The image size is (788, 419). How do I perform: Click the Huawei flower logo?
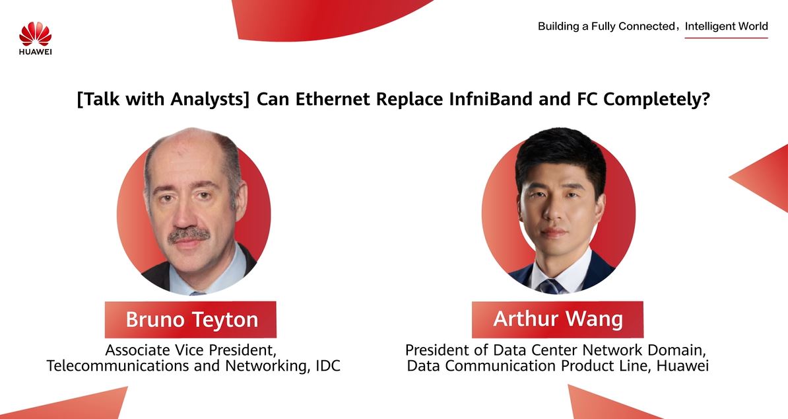pos(35,34)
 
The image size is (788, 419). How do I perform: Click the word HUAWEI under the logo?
pos(35,51)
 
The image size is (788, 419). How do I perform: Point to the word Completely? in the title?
pos(657,100)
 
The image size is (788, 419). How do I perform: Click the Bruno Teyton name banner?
pos(191,319)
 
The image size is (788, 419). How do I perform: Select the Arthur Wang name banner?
pos(557,319)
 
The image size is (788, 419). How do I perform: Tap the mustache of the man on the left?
pos(189,235)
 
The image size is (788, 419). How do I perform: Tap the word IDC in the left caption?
pos(327,365)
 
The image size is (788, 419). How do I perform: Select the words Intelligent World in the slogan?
pos(726,26)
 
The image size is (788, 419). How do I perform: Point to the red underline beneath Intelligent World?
pos(726,37)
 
